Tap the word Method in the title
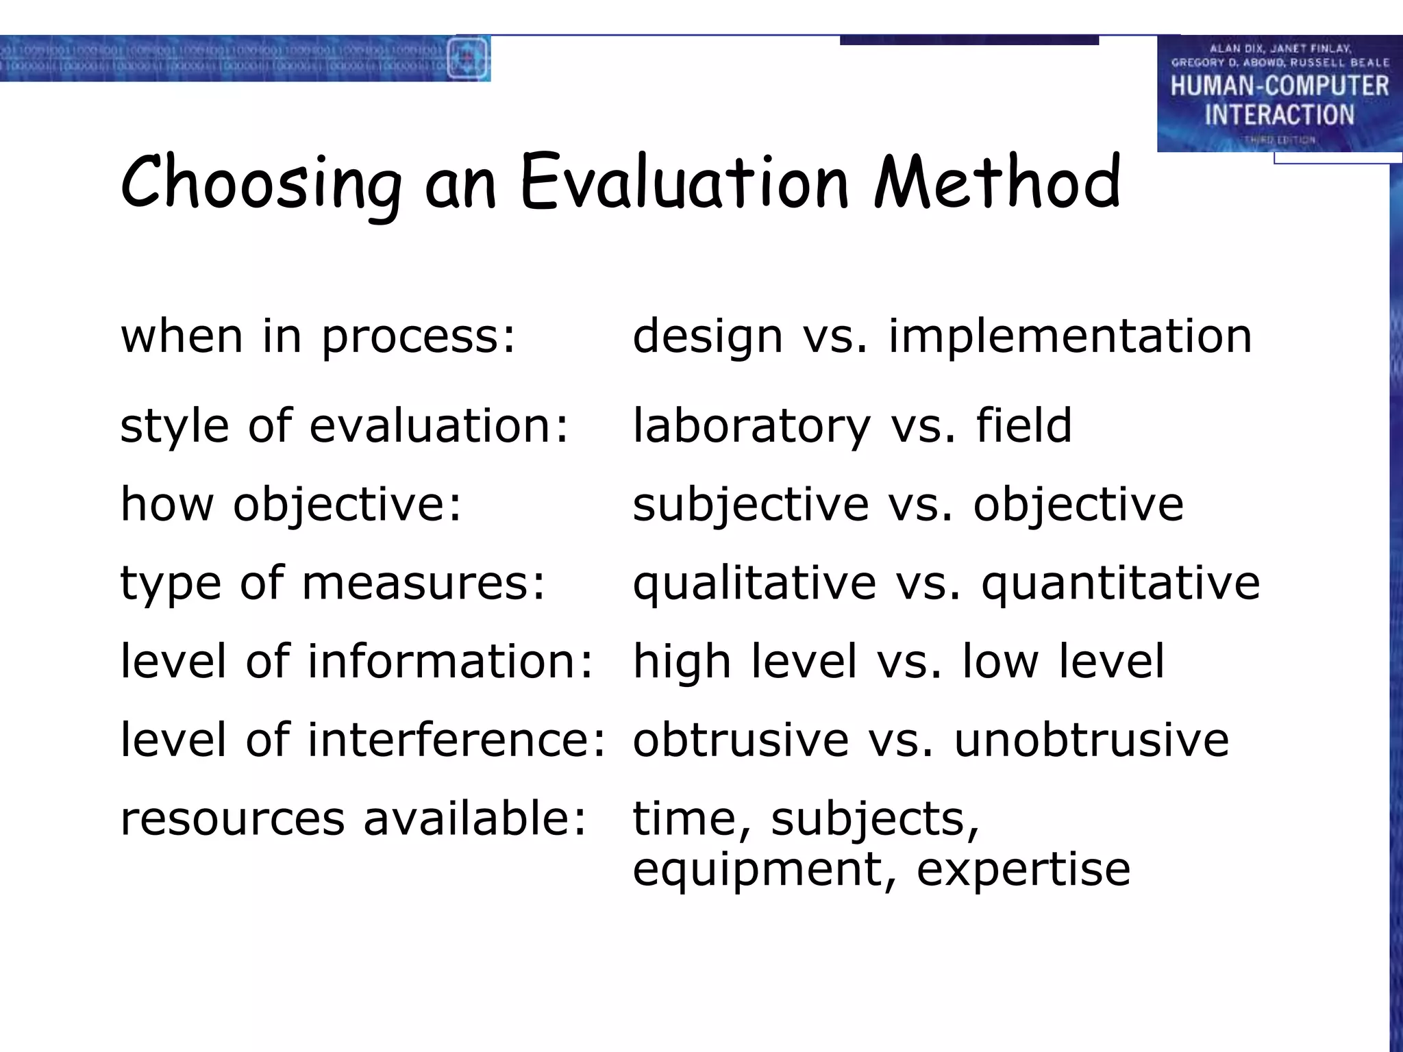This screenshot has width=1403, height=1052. coord(997,182)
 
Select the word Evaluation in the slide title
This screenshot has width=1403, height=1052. coord(684,182)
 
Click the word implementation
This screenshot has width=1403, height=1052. coord(1069,336)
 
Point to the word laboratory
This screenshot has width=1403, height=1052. coord(751,426)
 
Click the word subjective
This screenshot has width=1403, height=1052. coord(751,505)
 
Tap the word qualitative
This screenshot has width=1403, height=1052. coord(754,584)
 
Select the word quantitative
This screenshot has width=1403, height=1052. coord(1120,584)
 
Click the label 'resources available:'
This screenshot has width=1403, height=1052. coord(353,818)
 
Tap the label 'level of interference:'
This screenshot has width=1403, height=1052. coord(363,740)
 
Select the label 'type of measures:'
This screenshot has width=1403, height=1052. coord(333,584)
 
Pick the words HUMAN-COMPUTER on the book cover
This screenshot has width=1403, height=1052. coord(1279,86)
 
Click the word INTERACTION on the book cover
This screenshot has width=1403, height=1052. coord(1279,115)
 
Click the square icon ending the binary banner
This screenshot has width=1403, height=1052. coord(468,58)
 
